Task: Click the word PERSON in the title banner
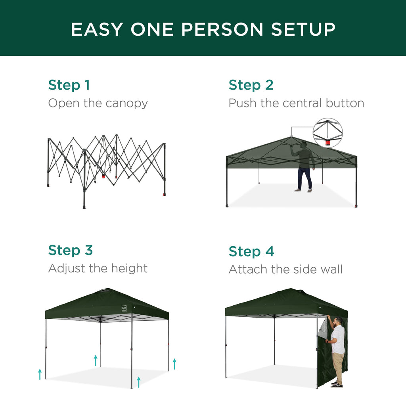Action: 197,29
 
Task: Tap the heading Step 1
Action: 69,85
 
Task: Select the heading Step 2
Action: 251,85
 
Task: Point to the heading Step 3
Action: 70,250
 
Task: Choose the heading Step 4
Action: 251,251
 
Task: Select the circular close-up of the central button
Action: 327,133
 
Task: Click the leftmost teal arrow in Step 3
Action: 40,374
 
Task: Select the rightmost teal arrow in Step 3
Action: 174,364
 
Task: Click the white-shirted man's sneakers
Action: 337,384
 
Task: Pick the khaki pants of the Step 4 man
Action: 338,367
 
